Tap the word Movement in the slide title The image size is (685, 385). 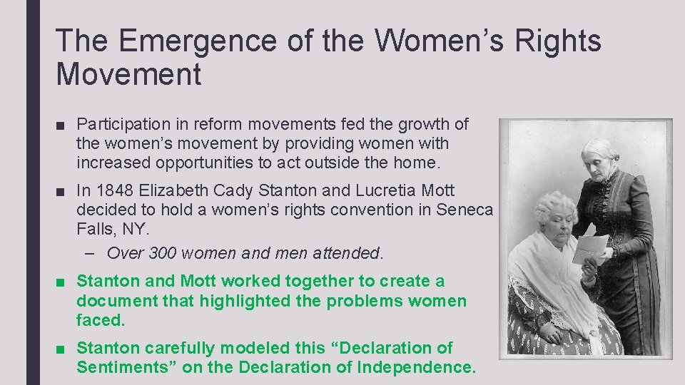(129, 75)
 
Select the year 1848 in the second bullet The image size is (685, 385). (114, 191)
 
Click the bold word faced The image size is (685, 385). (100, 321)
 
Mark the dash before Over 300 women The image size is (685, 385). (96, 253)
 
